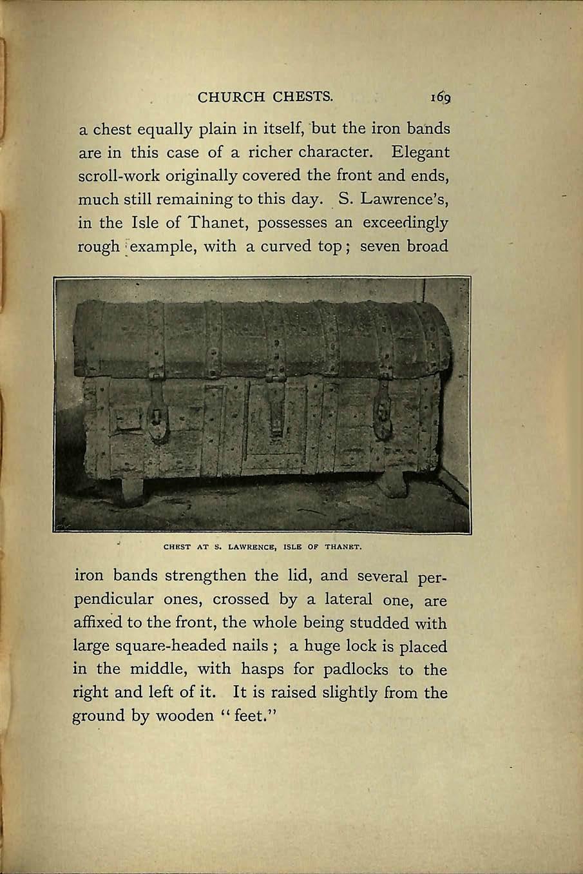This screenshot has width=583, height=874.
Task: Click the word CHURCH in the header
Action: point(231,97)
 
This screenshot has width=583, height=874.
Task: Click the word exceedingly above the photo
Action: point(406,223)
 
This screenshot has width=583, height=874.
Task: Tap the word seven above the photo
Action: point(380,246)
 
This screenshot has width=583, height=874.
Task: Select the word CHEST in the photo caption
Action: point(177,548)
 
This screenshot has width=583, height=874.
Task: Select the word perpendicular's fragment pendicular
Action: point(113,599)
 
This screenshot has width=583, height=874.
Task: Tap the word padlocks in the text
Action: point(356,670)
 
